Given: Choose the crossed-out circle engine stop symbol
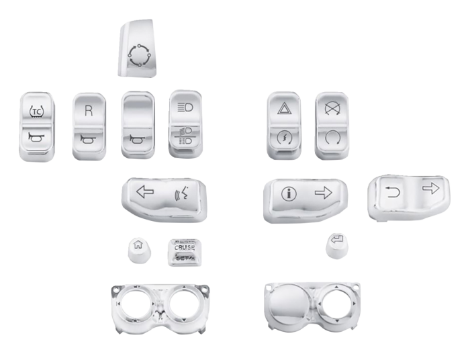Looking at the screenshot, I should pos(330,106).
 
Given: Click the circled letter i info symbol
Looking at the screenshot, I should pos(288,194).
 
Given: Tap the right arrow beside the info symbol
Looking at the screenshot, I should pos(324,193).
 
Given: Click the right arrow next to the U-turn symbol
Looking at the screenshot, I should pos(429,188).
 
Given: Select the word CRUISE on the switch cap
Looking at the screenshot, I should pos(184,248).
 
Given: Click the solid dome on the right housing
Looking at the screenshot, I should pos(290,302).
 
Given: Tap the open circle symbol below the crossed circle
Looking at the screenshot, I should pos(331,139).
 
